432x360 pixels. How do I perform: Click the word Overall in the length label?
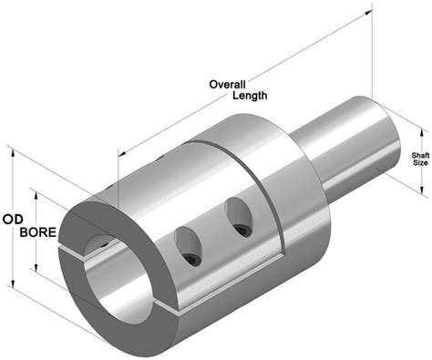point(227,85)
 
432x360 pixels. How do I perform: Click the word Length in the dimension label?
point(250,96)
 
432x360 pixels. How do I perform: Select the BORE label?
point(38,232)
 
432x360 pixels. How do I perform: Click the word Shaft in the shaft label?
point(420,156)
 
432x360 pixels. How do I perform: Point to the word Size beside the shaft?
point(421,163)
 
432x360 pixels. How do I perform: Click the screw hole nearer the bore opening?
point(188,247)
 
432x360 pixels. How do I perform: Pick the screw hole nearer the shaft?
point(239,217)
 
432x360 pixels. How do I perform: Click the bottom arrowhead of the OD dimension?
point(13,283)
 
